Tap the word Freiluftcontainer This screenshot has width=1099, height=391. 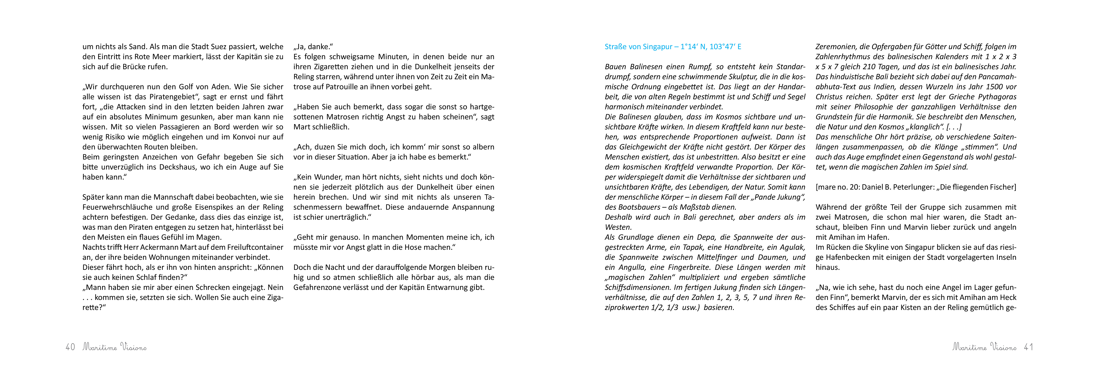[x=255, y=247]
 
